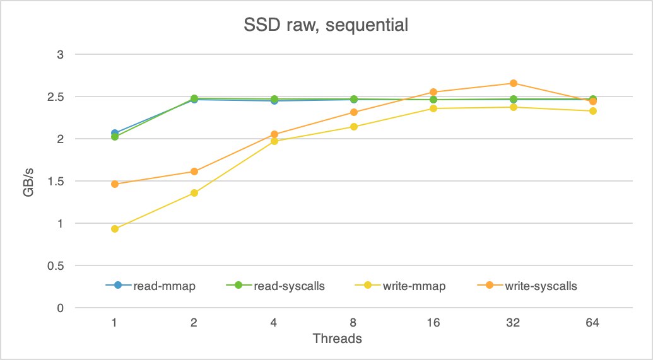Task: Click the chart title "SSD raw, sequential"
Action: click(x=326, y=26)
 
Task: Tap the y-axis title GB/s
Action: click(x=29, y=182)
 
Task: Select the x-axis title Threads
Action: click(x=337, y=339)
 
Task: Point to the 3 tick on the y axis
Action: click(x=61, y=54)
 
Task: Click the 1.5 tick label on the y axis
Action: click(x=56, y=181)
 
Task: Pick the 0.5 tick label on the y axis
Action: click(x=56, y=265)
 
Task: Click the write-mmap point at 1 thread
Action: click(x=115, y=229)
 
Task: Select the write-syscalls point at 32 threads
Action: click(x=513, y=83)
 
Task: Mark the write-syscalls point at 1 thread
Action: click(x=115, y=184)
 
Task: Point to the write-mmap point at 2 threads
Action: click(x=194, y=193)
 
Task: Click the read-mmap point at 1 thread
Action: click(x=115, y=133)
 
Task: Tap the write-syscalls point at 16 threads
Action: click(x=433, y=92)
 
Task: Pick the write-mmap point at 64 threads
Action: click(x=592, y=111)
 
